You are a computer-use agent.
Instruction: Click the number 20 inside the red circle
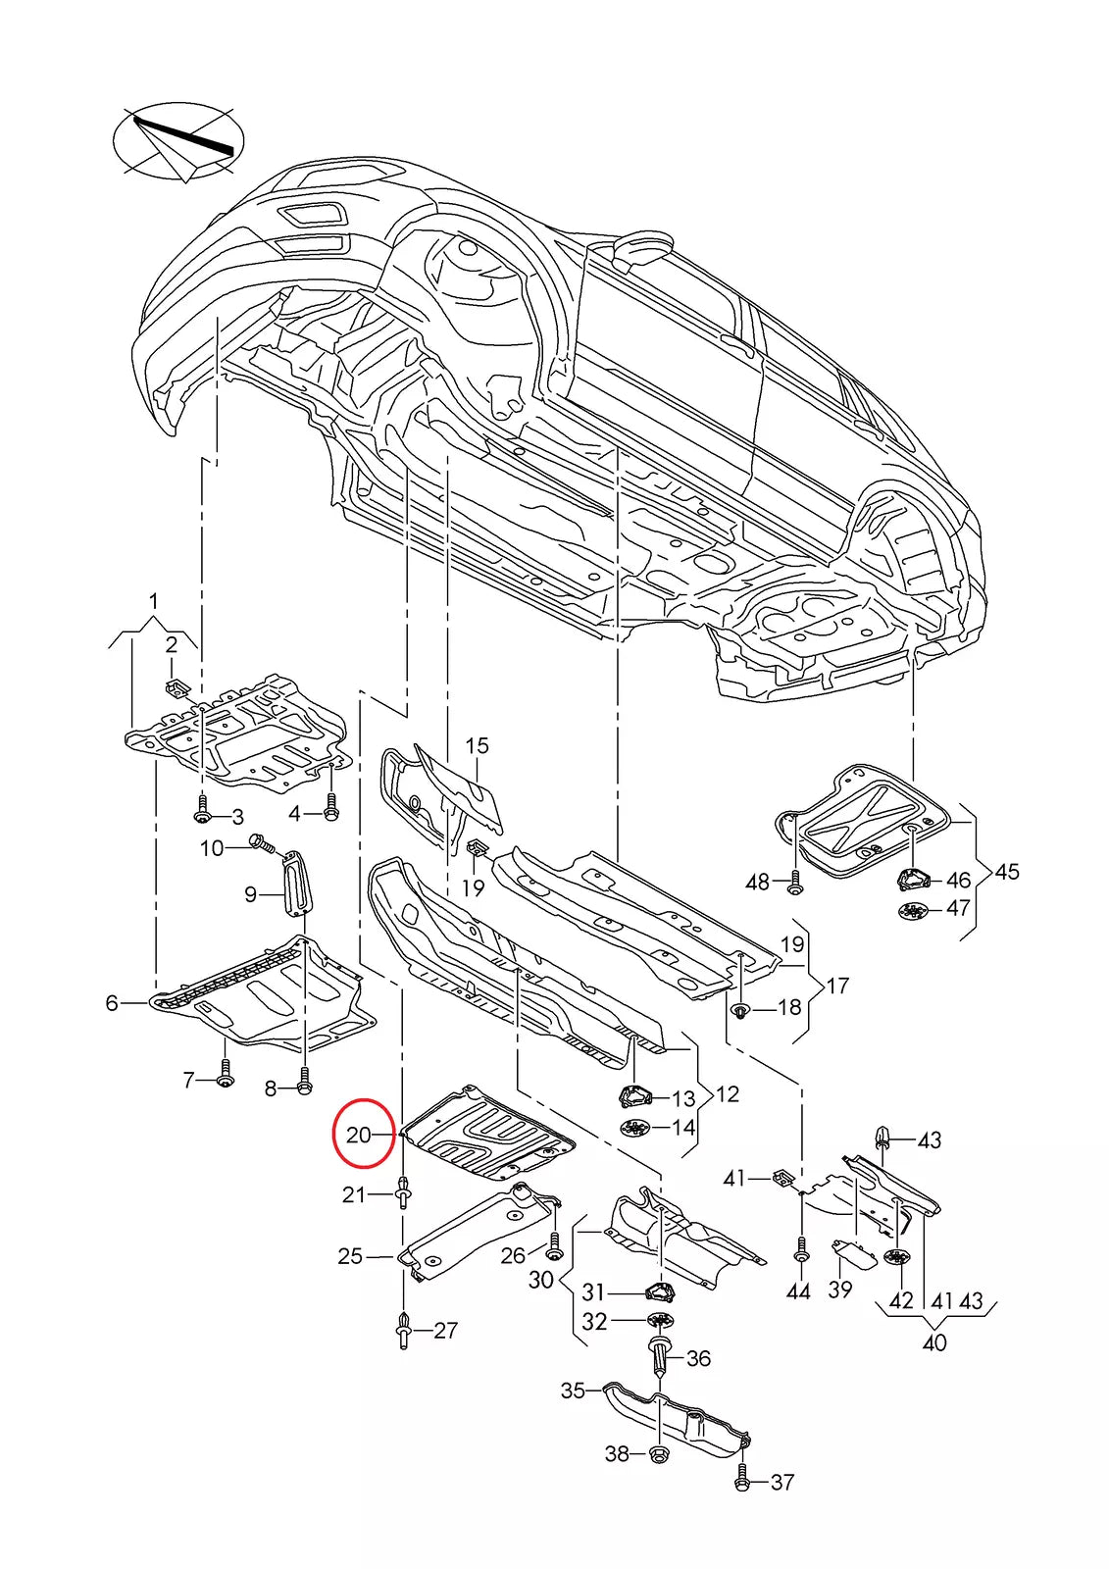(x=359, y=1135)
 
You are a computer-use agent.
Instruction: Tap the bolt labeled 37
(x=743, y=1480)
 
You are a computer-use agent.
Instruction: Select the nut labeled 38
(x=658, y=1453)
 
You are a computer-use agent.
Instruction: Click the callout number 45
(x=1006, y=872)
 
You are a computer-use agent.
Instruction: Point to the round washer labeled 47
(x=911, y=910)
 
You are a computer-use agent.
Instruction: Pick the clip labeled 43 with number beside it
(x=882, y=1139)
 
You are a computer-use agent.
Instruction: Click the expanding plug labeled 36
(x=661, y=1359)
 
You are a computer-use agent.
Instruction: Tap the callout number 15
(x=477, y=746)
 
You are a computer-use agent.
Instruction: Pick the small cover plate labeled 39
(x=852, y=1255)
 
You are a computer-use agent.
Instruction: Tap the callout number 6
(x=112, y=1003)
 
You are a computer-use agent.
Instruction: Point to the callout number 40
(x=934, y=1342)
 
